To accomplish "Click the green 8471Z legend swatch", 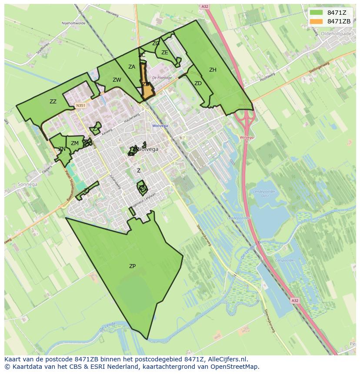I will click(316, 12).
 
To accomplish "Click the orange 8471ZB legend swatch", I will click(316, 21).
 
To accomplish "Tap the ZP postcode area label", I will click(132, 266).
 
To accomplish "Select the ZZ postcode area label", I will click(53, 102).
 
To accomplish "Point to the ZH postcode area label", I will click(213, 70).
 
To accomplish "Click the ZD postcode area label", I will click(198, 83).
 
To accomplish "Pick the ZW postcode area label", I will click(117, 80).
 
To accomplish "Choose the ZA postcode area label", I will click(132, 67).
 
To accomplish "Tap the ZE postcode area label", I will click(165, 53).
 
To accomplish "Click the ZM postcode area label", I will click(75, 143).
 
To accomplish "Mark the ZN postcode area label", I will click(62, 149).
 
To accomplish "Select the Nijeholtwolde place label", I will click(74, 23).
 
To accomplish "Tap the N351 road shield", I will click(80, 105).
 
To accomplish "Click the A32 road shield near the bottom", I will click(295, 300).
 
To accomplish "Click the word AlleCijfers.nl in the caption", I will click(227, 359).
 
